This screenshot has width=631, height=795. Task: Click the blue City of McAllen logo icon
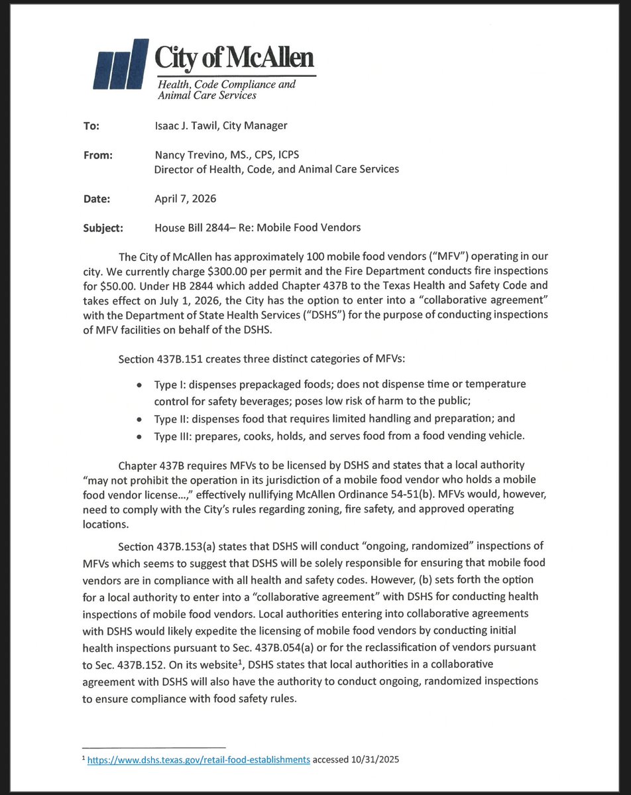[121, 65]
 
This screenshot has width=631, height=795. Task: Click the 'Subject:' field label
[103, 227]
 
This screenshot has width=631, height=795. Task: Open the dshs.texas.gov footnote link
[199, 760]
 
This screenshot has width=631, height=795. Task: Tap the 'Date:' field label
[96, 198]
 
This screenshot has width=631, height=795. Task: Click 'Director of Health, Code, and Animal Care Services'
[276, 169]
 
